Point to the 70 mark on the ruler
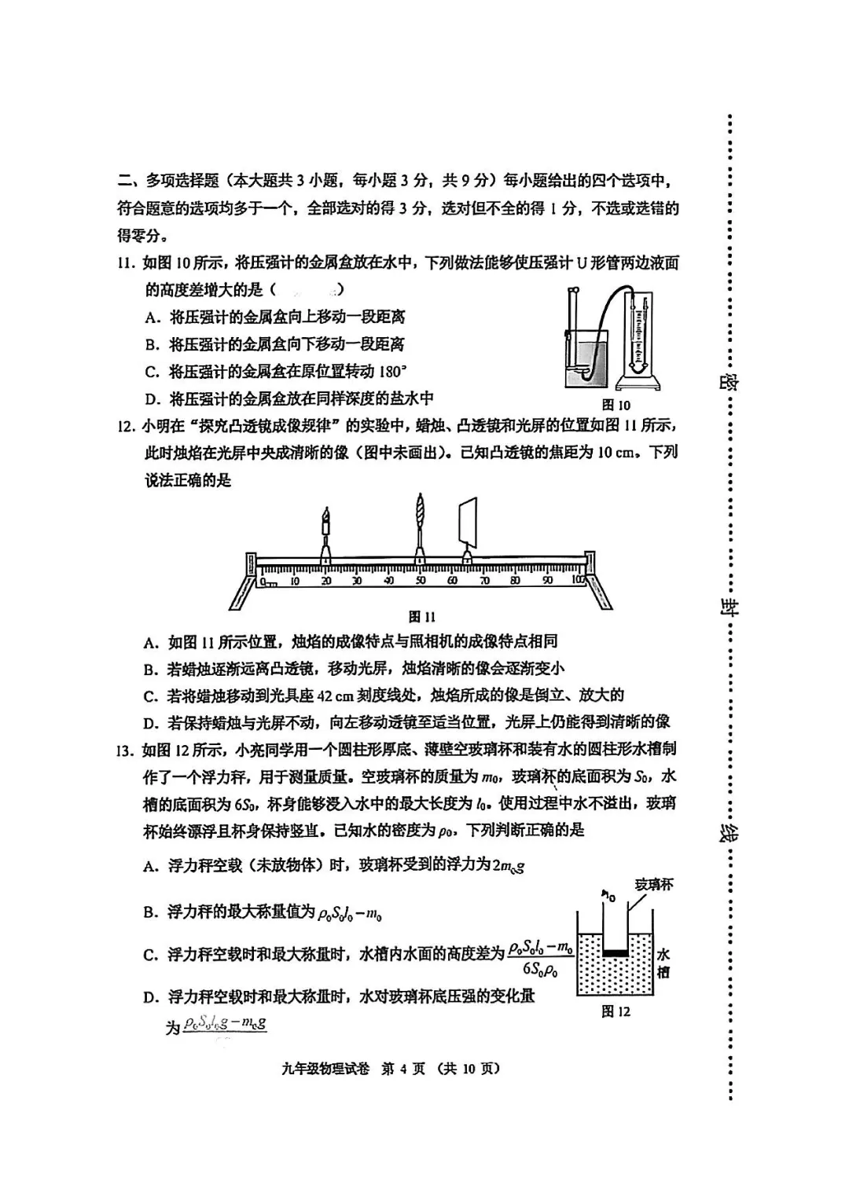pos(484,581)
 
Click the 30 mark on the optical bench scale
pos(357,581)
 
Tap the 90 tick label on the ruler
pos(548,581)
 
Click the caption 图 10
pos(616,405)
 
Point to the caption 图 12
pos(616,1011)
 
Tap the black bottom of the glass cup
pos(616,952)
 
